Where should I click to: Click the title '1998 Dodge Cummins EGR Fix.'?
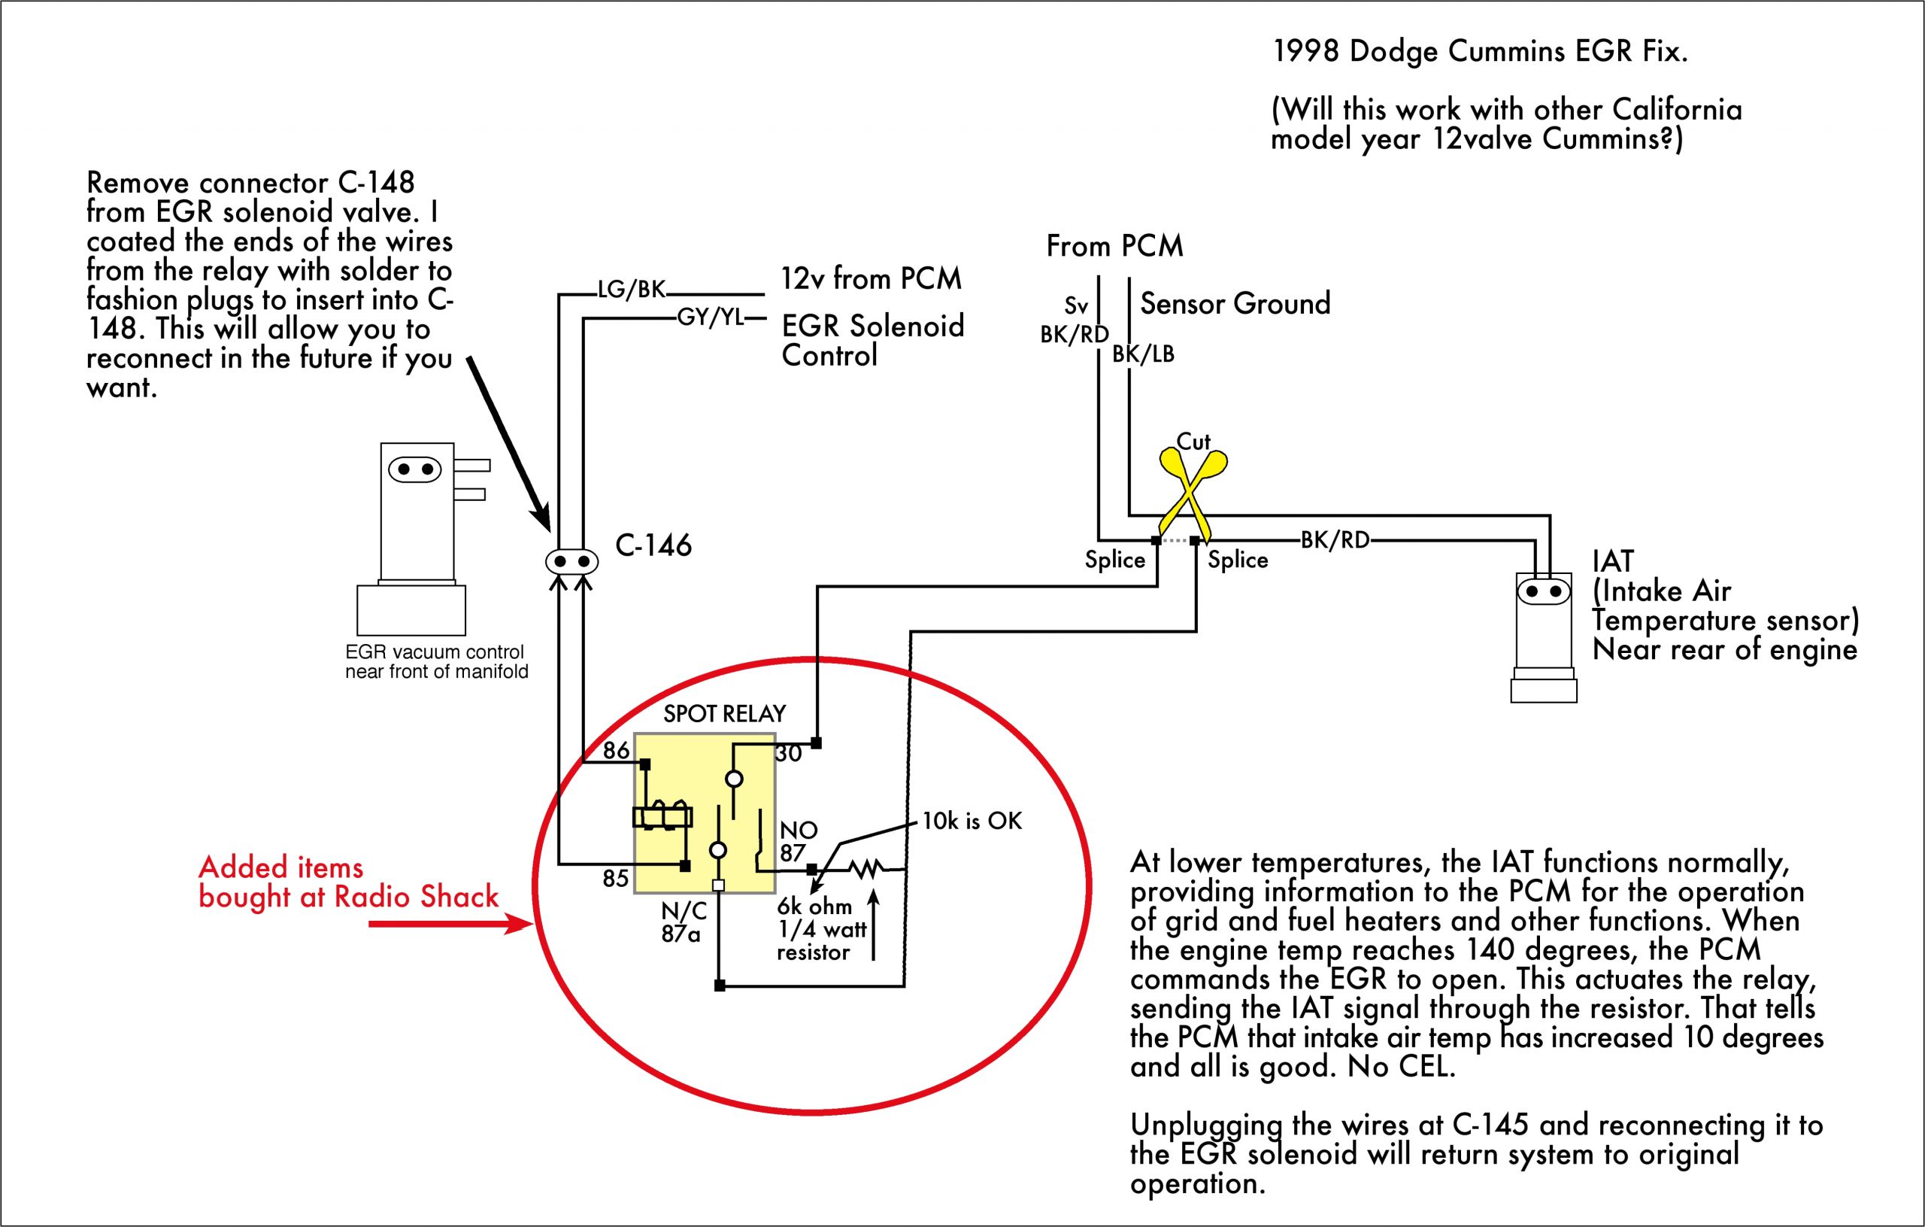(x=1480, y=52)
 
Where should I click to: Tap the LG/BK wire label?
(x=631, y=290)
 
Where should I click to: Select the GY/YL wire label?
(x=710, y=317)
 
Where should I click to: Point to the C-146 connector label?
(x=653, y=545)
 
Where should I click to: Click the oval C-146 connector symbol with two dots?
(x=571, y=561)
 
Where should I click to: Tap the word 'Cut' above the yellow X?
(x=1193, y=442)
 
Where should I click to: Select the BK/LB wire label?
(x=1143, y=354)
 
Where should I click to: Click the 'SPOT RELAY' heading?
(x=724, y=713)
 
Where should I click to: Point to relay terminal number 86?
(x=616, y=750)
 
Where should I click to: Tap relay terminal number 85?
(x=615, y=878)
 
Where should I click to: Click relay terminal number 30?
(x=788, y=754)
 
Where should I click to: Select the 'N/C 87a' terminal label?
(x=683, y=922)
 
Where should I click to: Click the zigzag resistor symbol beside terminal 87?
(x=865, y=869)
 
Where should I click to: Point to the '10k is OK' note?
(x=972, y=822)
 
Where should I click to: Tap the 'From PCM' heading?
(x=1114, y=246)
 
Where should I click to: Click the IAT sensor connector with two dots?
(x=1543, y=592)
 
